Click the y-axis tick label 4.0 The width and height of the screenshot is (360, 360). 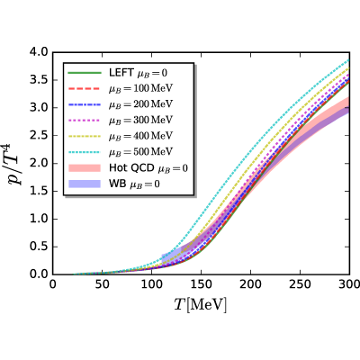click(39, 52)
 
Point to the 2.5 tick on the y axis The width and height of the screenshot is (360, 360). click(39, 136)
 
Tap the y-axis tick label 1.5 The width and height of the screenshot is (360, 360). click(39, 192)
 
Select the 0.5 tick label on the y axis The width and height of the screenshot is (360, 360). click(39, 247)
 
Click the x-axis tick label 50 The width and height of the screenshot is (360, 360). click(103, 284)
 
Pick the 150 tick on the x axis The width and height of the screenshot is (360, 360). click(201, 284)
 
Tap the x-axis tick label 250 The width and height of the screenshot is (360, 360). click(300, 284)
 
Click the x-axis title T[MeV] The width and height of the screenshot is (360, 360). click(201, 305)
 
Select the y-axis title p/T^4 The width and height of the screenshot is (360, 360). click(17, 165)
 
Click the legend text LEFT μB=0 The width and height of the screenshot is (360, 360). click(138, 73)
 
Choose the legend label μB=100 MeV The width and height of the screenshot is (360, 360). click(140, 88)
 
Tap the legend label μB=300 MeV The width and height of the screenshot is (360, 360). click(140, 120)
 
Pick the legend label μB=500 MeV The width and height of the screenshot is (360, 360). click(140, 151)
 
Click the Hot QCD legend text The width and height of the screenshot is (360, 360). click(148, 167)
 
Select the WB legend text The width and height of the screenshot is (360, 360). click(134, 184)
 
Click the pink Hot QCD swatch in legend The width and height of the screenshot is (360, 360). click(85, 167)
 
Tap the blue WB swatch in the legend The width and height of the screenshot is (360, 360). click(85, 184)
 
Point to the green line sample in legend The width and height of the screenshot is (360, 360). click(85, 73)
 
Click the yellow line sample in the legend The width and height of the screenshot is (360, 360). click(85, 136)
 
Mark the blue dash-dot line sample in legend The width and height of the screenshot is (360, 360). click(85, 104)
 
